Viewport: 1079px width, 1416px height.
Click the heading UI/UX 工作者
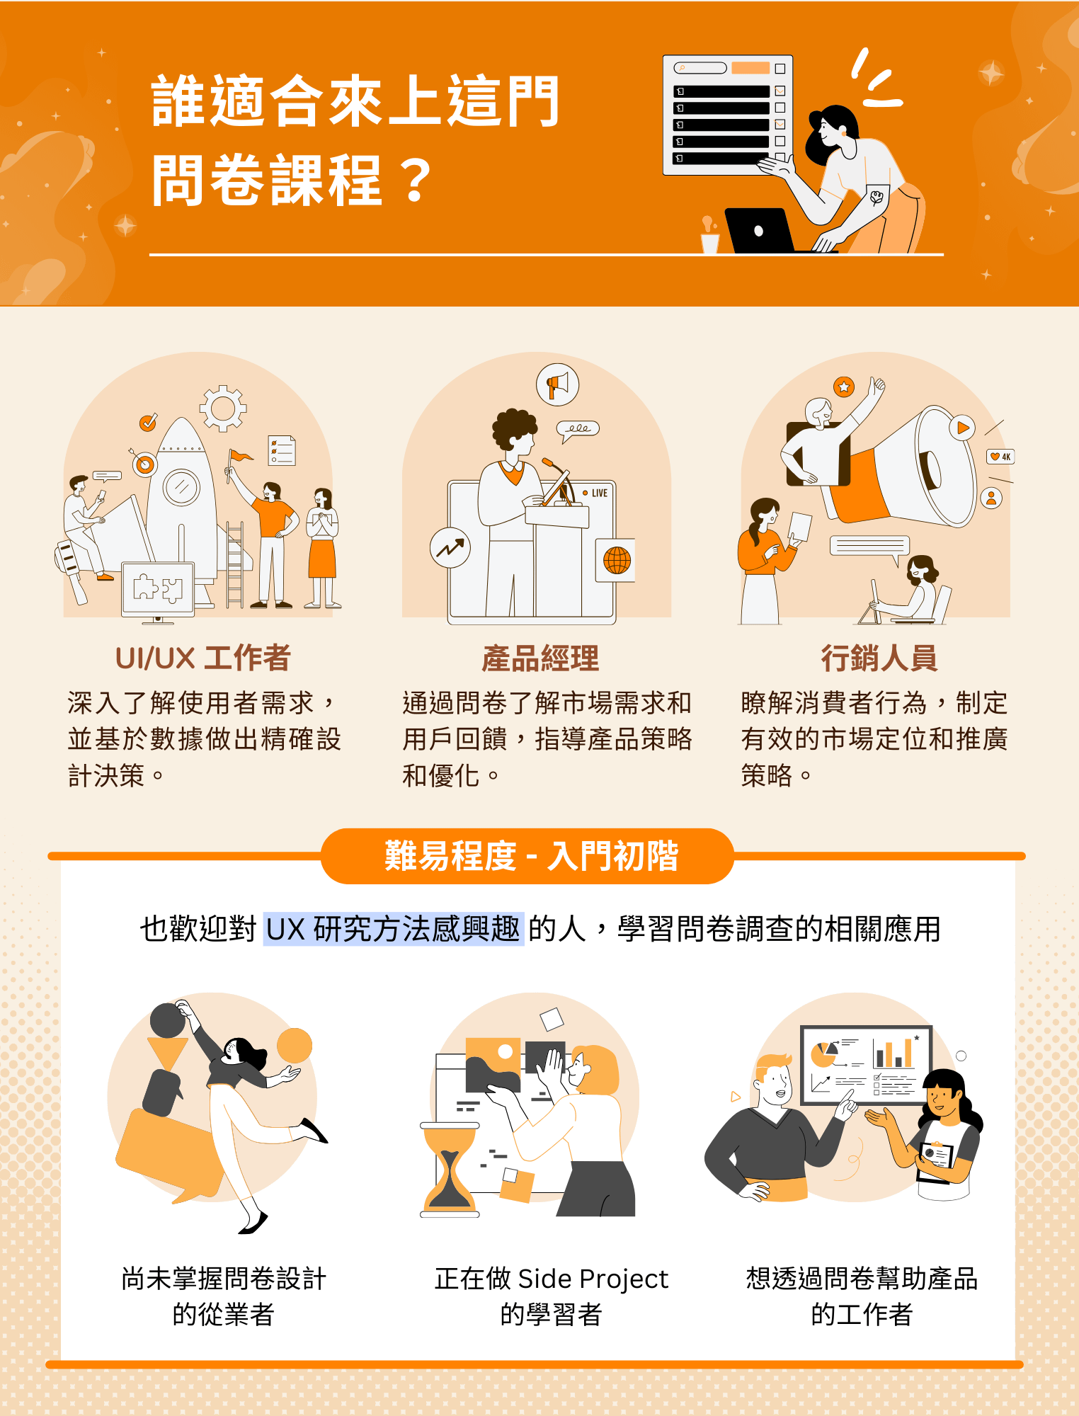(x=203, y=658)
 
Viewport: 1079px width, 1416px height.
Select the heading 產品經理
(x=540, y=658)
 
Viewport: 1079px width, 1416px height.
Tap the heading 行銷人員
(x=879, y=658)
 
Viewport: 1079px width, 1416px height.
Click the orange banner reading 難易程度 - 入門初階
(x=528, y=856)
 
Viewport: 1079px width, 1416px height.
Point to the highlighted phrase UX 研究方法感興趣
(x=394, y=929)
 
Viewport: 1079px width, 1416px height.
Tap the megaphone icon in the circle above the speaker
(x=557, y=384)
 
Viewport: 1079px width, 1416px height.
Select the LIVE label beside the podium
(x=595, y=493)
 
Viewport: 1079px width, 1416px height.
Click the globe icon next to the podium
(x=616, y=560)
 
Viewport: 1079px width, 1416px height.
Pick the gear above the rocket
(x=223, y=409)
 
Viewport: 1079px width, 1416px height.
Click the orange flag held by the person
(x=240, y=456)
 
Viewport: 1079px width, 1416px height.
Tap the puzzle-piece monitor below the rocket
(x=158, y=589)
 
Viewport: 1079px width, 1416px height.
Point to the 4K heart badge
(x=1000, y=457)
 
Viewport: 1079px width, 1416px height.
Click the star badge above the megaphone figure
(x=843, y=387)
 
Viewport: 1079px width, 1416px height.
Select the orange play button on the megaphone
(x=962, y=428)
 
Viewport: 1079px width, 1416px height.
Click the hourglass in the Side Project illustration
(x=450, y=1170)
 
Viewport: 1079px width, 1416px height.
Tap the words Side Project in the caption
(x=593, y=1279)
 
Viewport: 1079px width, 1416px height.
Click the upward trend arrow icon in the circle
(x=450, y=548)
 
